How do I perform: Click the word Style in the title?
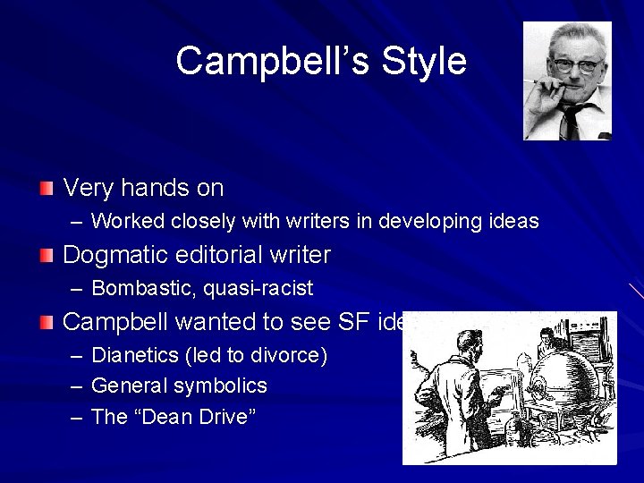click(424, 62)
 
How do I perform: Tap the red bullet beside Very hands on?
click(47, 189)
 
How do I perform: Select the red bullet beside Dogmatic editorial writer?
click(47, 256)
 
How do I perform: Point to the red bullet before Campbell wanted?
click(47, 321)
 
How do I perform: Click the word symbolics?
click(222, 386)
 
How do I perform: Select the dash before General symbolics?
click(76, 386)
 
